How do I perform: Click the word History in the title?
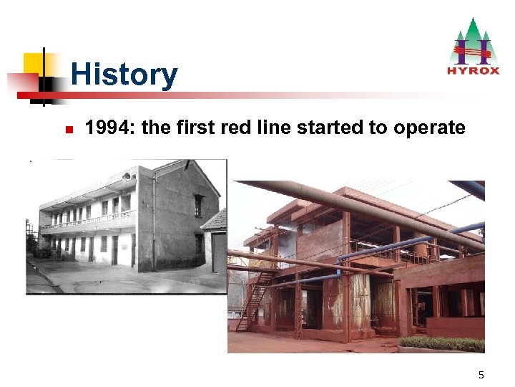(x=124, y=75)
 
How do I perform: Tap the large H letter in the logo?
(x=472, y=50)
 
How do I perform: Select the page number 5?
(x=481, y=375)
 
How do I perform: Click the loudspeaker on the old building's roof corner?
(x=127, y=174)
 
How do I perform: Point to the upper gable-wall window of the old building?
(x=198, y=205)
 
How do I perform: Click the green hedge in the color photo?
(x=441, y=344)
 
